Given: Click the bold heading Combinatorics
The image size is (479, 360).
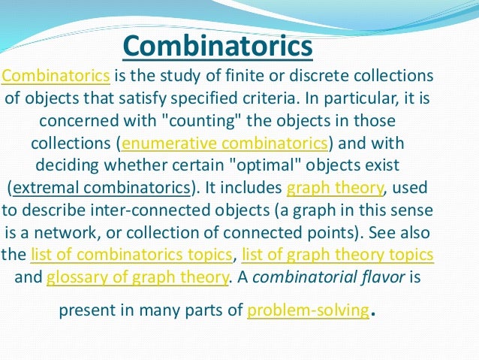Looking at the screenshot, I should coord(217,47).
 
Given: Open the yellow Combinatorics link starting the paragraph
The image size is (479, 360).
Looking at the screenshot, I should coord(56,77).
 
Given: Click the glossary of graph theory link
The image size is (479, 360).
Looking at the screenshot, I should coord(137,277).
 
